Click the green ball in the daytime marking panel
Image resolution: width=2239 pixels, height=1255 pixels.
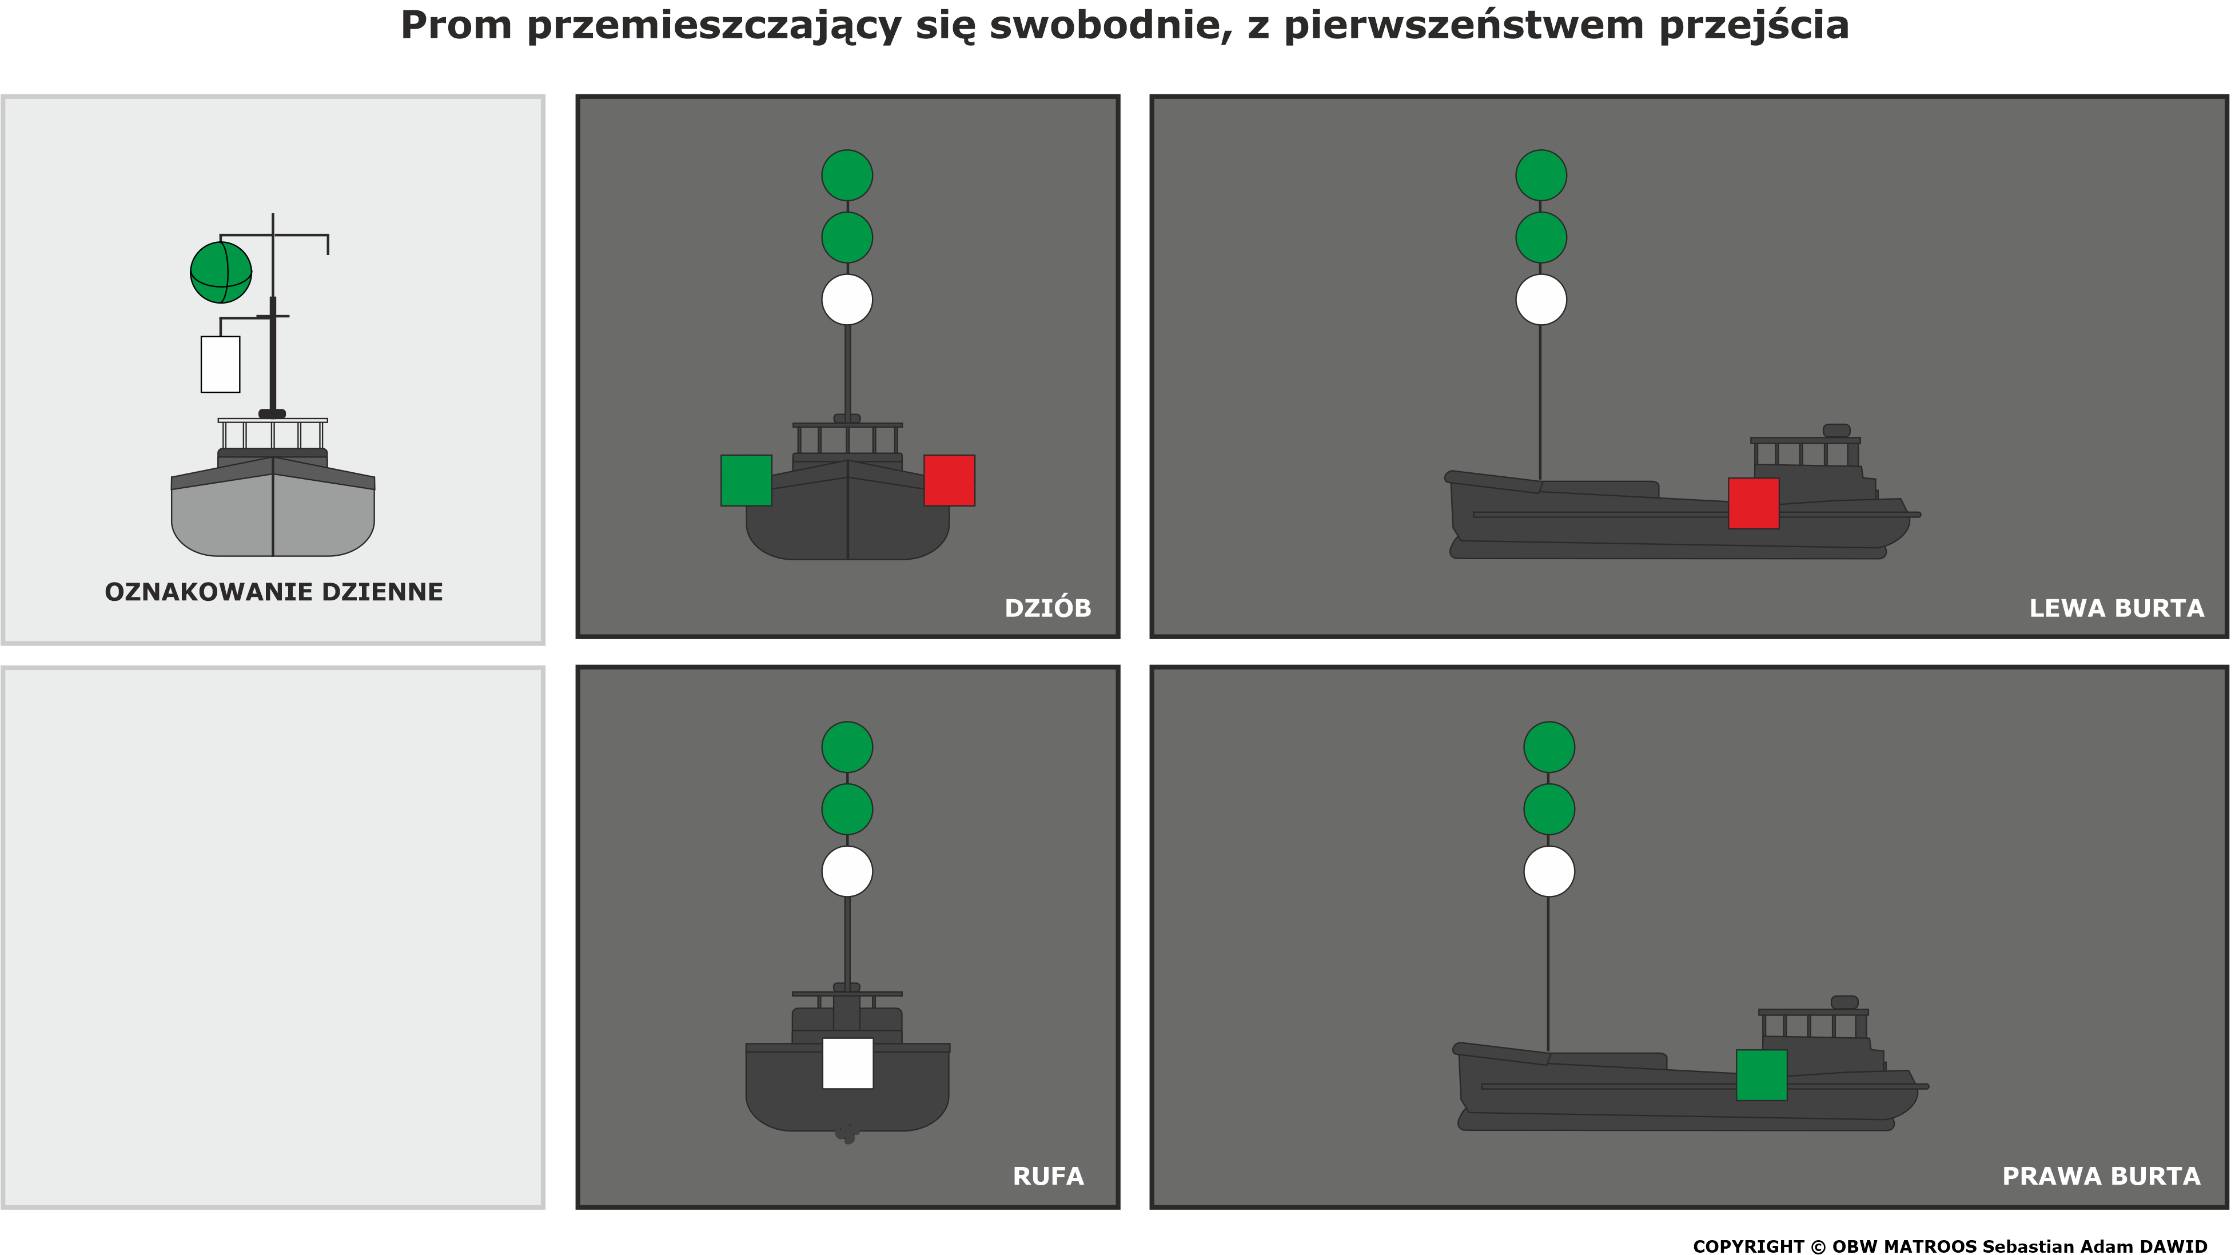tap(221, 273)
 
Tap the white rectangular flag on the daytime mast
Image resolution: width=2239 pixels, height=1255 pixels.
tap(220, 364)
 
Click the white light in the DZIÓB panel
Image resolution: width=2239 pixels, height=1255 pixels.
tap(847, 300)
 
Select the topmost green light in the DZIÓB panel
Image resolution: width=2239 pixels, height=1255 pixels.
tap(847, 176)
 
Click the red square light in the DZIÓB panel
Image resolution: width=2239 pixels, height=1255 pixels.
tap(949, 480)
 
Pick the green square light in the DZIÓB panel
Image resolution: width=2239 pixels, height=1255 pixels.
tap(746, 480)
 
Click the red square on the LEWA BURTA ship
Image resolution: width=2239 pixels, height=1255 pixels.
tap(1753, 503)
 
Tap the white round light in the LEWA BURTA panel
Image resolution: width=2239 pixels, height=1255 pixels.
tap(1541, 300)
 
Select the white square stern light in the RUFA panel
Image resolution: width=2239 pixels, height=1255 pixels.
tap(847, 1063)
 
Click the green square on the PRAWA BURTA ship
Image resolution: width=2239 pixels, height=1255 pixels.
tap(1761, 1075)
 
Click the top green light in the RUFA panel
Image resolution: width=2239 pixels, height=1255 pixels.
tap(847, 747)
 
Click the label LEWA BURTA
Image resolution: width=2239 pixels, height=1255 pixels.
tap(2117, 608)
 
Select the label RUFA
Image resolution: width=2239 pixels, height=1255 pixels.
tap(1048, 1177)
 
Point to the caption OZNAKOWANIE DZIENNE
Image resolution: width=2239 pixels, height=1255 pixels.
tap(274, 592)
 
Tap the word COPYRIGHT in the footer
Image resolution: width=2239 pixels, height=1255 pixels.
tap(1748, 1246)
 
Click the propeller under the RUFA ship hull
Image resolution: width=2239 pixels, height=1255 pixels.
tap(847, 1133)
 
